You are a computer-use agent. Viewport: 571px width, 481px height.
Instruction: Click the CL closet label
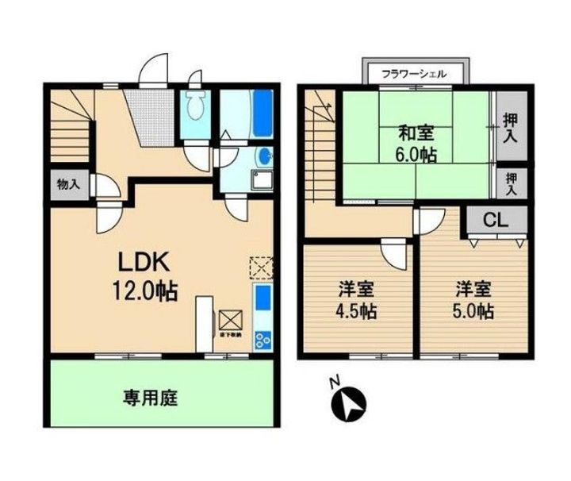point(496,220)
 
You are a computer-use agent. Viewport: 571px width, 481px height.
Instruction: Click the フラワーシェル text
point(413,73)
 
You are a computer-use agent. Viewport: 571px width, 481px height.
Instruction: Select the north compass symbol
point(346,404)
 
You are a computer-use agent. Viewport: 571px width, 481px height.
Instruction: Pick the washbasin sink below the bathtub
point(263,155)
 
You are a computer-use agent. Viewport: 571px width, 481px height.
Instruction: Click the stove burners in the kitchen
point(263,339)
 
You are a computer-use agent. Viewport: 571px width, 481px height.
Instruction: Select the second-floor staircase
point(321,151)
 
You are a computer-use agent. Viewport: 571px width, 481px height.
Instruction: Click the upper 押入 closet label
point(511,129)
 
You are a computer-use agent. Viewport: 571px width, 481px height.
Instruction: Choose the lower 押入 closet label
point(511,183)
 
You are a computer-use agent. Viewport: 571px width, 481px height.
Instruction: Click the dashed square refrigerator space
point(260,267)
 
